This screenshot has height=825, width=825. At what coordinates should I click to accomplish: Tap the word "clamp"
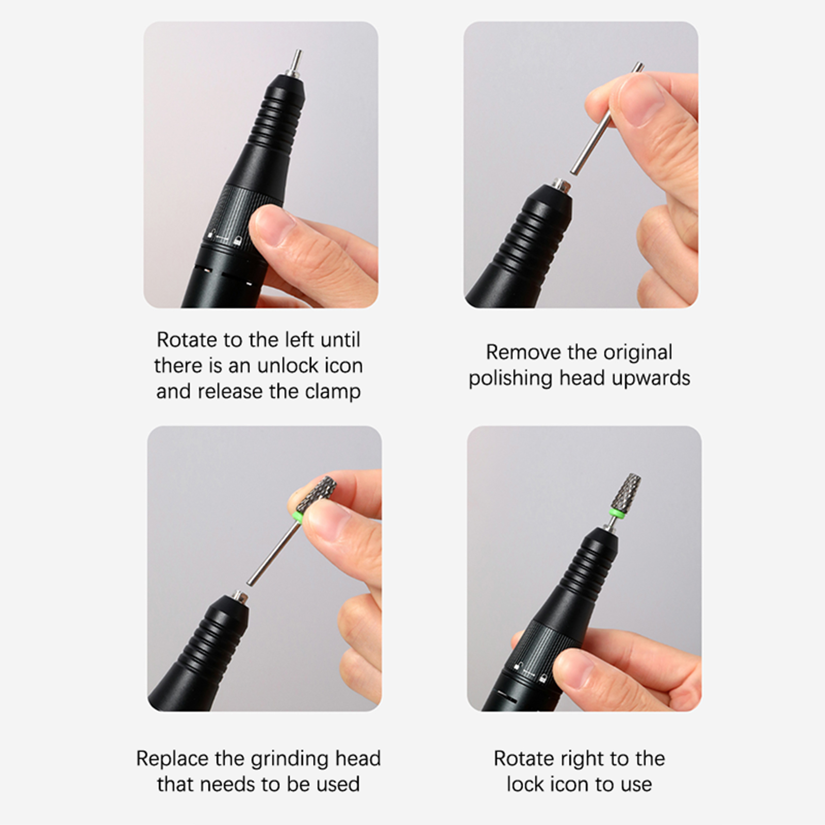pyautogui.click(x=333, y=392)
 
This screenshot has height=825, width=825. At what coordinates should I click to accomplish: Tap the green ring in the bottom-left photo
pyautogui.click(x=299, y=517)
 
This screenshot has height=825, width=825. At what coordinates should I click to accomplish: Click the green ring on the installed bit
pyautogui.click(x=615, y=513)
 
